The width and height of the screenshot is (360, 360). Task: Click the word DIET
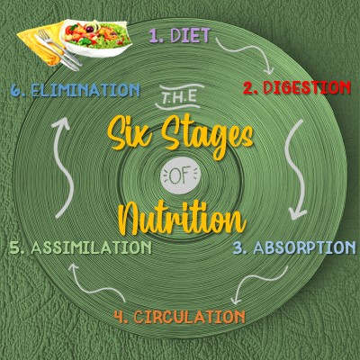pyautogui.click(x=190, y=36)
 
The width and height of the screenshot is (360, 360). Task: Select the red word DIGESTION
pyautogui.click(x=307, y=88)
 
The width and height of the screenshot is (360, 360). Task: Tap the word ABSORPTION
pyautogui.click(x=304, y=247)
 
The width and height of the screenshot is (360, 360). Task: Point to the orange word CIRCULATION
pyautogui.click(x=189, y=317)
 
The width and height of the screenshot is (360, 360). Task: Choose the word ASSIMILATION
pyautogui.click(x=91, y=247)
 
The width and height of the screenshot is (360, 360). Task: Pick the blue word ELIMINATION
pyautogui.click(x=85, y=90)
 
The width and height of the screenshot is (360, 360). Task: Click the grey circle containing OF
pyautogui.click(x=180, y=177)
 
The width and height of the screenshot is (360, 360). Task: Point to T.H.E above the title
pyautogui.click(x=180, y=97)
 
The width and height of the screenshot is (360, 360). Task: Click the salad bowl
pyautogui.click(x=95, y=38)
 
